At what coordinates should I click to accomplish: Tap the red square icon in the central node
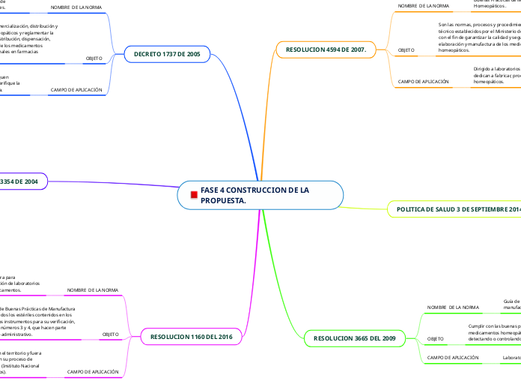pos(194,196)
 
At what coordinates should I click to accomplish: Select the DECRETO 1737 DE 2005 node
pos(167,54)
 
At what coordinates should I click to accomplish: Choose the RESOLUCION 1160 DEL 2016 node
pos(192,337)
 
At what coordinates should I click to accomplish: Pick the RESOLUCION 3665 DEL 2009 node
pos(350,339)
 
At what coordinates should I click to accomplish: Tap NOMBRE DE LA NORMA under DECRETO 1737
pos(76,7)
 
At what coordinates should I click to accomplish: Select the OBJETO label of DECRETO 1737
pos(94,58)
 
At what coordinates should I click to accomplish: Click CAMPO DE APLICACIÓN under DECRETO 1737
pos(76,90)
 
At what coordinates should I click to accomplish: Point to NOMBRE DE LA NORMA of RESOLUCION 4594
pos(424,6)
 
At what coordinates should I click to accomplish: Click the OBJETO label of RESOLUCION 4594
pos(406,49)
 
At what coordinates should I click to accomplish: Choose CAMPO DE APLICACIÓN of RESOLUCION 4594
pos(424,81)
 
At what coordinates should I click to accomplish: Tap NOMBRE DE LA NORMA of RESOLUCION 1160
pos(93,289)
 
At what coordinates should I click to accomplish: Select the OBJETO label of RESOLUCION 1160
pos(110,334)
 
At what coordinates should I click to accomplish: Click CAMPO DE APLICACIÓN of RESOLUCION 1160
pos(93,371)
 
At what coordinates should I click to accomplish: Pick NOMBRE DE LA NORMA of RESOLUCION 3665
pos(453,307)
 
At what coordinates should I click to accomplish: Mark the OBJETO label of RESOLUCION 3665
pos(435,339)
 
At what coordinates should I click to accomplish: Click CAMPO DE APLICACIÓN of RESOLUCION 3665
pos(453,358)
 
